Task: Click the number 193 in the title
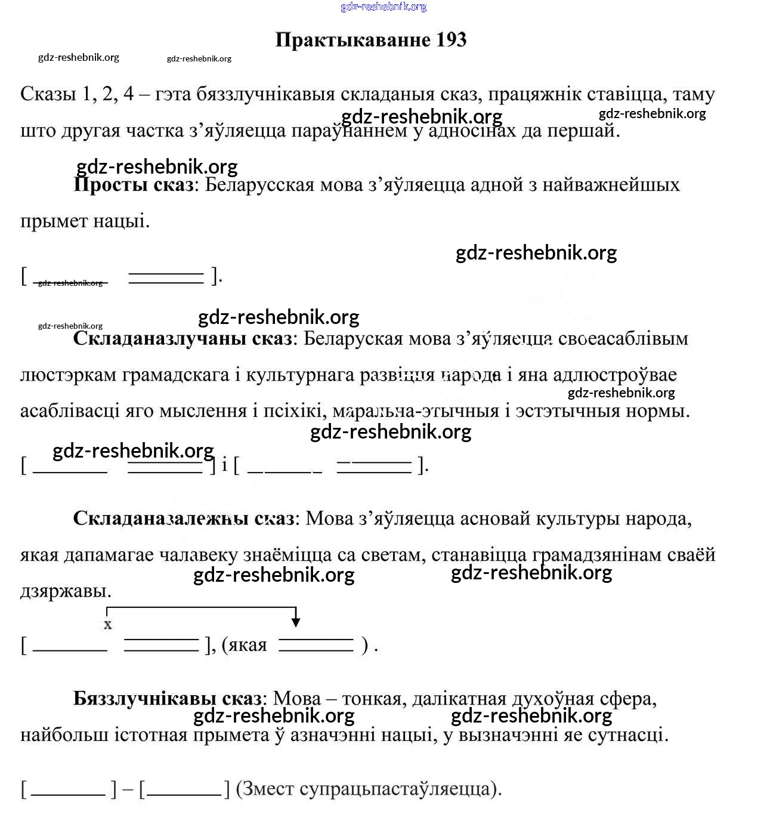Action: point(451,40)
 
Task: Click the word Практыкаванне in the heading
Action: point(352,40)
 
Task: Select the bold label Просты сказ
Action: point(133,184)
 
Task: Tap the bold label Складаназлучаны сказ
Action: point(183,338)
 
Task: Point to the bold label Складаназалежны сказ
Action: point(184,518)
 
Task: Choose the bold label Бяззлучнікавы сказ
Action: point(167,698)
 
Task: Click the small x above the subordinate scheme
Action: point(108,625)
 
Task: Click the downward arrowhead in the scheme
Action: point(295,622)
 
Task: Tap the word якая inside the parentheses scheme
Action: point(248,645)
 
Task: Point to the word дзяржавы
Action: point(66,591)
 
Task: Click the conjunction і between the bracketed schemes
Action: point(224,465)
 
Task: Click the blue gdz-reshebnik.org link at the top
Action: point(383,7)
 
